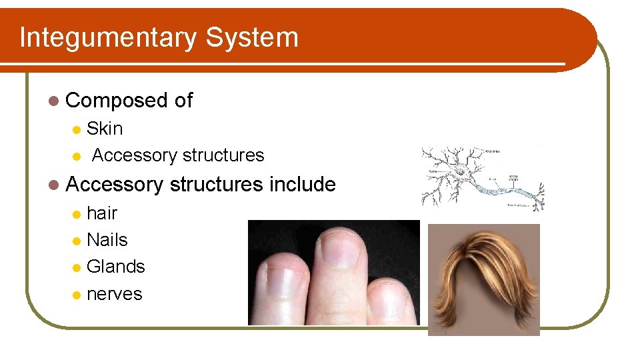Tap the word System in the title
click(252, 37)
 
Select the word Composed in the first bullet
click(116, 101)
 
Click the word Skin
click(105, 128)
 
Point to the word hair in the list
click(102, 213)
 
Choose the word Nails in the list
click(107, 240)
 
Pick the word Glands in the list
click(115, 267)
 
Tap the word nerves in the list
click(114, 294)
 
